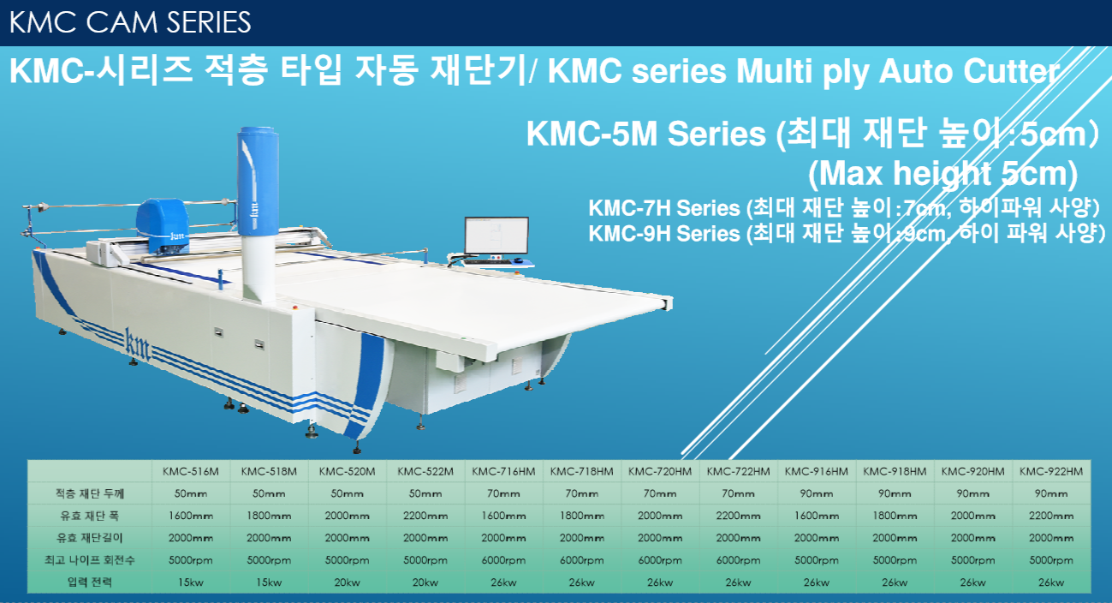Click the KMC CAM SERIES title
tap(130, 22)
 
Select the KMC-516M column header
tap(191, 471)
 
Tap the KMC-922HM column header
tap(1051, 471)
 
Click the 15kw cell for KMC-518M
tap(269, 582)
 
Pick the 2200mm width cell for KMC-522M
tap(425, 516)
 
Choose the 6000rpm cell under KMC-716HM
tap(503, 560)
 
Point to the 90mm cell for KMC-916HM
tap(816, 493)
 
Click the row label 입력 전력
tap(90, 582)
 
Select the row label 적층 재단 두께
tap(90, 493)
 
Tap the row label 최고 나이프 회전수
tap(90, 560)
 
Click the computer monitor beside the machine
tap(497, 236)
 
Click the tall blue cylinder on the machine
tap(258, 181)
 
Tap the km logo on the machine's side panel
tap(137, 344)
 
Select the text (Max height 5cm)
tap(943, 173)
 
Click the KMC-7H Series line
tap(844, 207)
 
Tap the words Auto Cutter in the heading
tap(969, 71)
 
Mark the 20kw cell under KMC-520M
tap(347, 582)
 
